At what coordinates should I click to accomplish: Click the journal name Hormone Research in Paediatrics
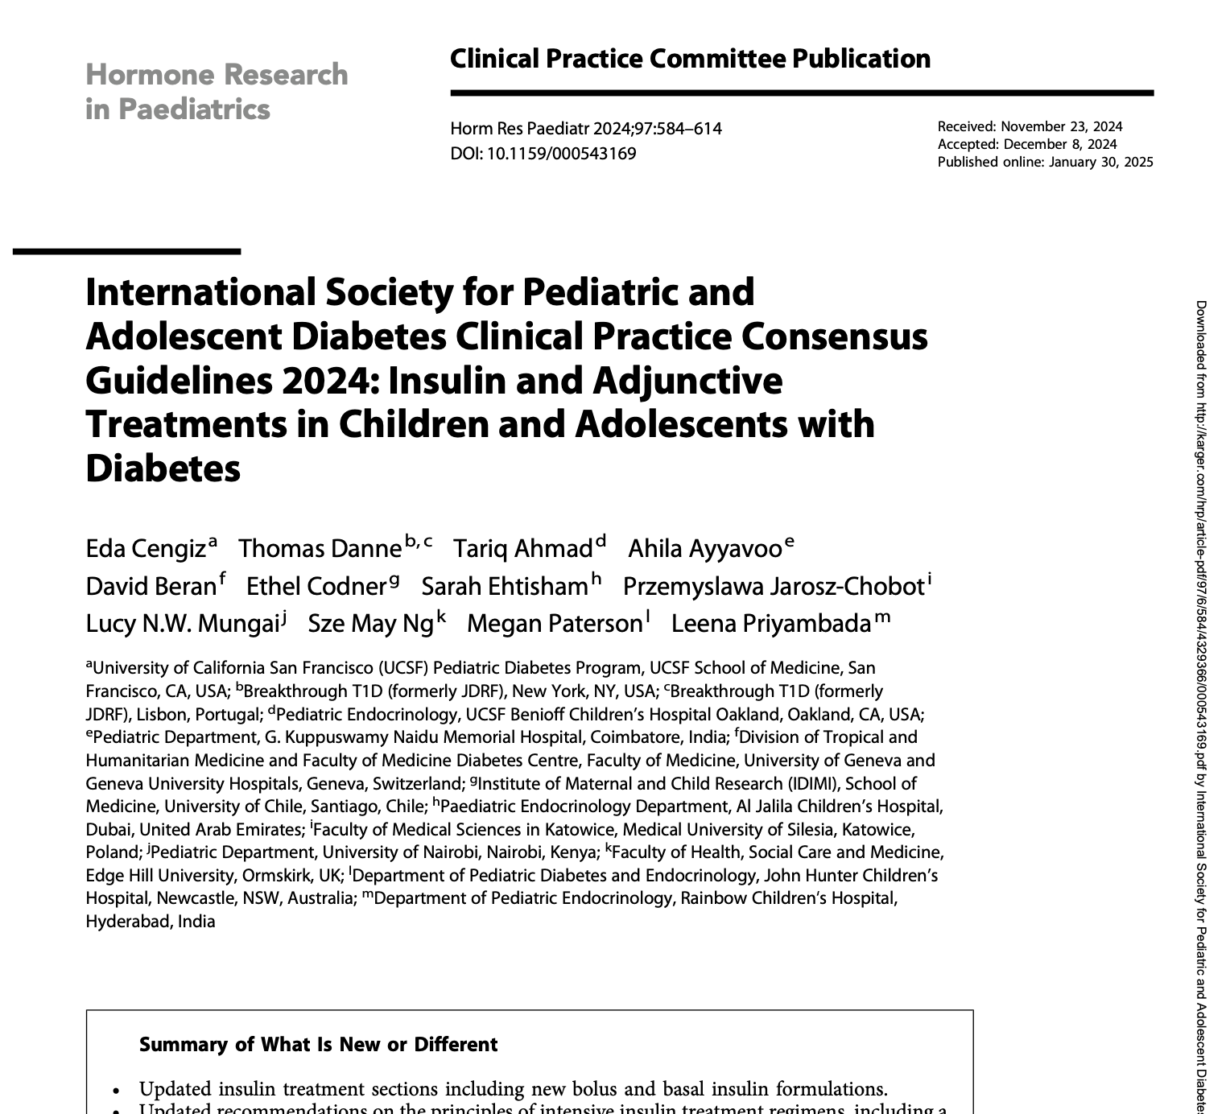(217, 91)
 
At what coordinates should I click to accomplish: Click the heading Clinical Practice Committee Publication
(690, 59)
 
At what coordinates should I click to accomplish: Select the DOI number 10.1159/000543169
(561, 153)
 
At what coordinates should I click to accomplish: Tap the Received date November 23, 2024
(1061, 126)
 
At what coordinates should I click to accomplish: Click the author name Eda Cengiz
(146, 549)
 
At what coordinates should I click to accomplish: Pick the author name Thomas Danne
(320, 549)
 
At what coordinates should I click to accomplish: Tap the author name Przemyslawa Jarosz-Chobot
(774, 587)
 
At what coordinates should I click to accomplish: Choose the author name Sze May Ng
(371, 624)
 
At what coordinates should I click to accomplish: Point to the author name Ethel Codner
(316, 587)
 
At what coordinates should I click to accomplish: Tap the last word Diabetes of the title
(163, 468)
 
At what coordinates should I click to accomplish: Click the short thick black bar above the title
(126, 252)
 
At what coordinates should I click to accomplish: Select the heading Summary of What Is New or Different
(318, 1045)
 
